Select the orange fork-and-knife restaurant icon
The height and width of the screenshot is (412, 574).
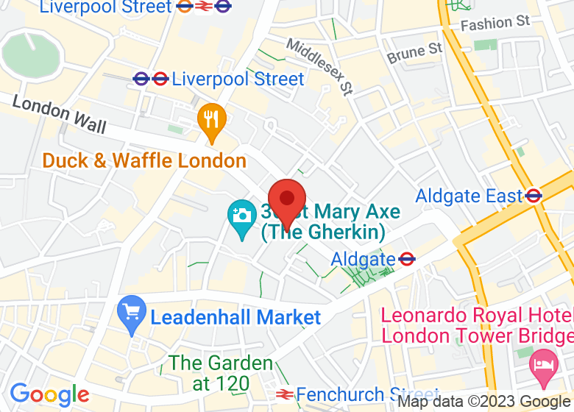click(212, 119)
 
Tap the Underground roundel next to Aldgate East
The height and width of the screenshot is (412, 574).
click(534, 196)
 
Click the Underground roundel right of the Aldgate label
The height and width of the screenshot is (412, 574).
click(407, 259)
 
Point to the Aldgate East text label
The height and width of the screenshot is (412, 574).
click(468, 196)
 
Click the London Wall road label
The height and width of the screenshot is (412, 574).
click(59, 115)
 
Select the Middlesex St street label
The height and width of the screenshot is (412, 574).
click(319, 67)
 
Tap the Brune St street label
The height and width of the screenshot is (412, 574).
click(415, 53)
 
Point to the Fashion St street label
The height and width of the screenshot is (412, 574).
click(495, 24)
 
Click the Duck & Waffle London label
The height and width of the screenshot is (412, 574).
click(144, 160)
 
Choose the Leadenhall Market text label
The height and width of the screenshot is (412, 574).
click(236, 318)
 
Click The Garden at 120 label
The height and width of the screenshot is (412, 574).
click(221, 373)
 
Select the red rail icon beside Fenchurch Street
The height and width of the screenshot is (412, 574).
click(282, 395)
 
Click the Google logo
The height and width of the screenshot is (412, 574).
click(49, 395)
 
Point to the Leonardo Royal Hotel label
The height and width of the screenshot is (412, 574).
click(476, 325)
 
